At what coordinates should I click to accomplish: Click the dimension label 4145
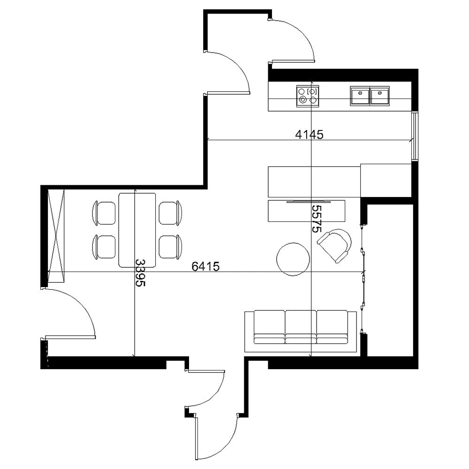tap(309, 135)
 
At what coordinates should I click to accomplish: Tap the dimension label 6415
tap(205, 266)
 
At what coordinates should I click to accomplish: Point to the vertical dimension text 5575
tap(316, 219)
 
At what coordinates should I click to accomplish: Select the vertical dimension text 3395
tap(140, 273)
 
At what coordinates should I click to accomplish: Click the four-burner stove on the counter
tap(308, 96)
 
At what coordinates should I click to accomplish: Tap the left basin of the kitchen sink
tap(360, 96)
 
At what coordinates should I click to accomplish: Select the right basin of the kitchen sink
tap(380, 96)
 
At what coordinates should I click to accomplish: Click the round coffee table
tap(293, 259)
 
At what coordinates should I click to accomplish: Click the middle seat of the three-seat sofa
tap(301, 327)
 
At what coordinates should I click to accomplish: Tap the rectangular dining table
tap(137, 230)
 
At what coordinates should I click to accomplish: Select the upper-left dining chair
tap(104, 213)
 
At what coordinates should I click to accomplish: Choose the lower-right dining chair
tap(171, 247)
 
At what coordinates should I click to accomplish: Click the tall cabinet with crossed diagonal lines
tap(56, 236)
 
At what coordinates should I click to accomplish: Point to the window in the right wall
tap(415, 136)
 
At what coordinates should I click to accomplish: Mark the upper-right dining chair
tap(171, 213)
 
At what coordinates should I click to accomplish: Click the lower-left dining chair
tap(104, 247)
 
